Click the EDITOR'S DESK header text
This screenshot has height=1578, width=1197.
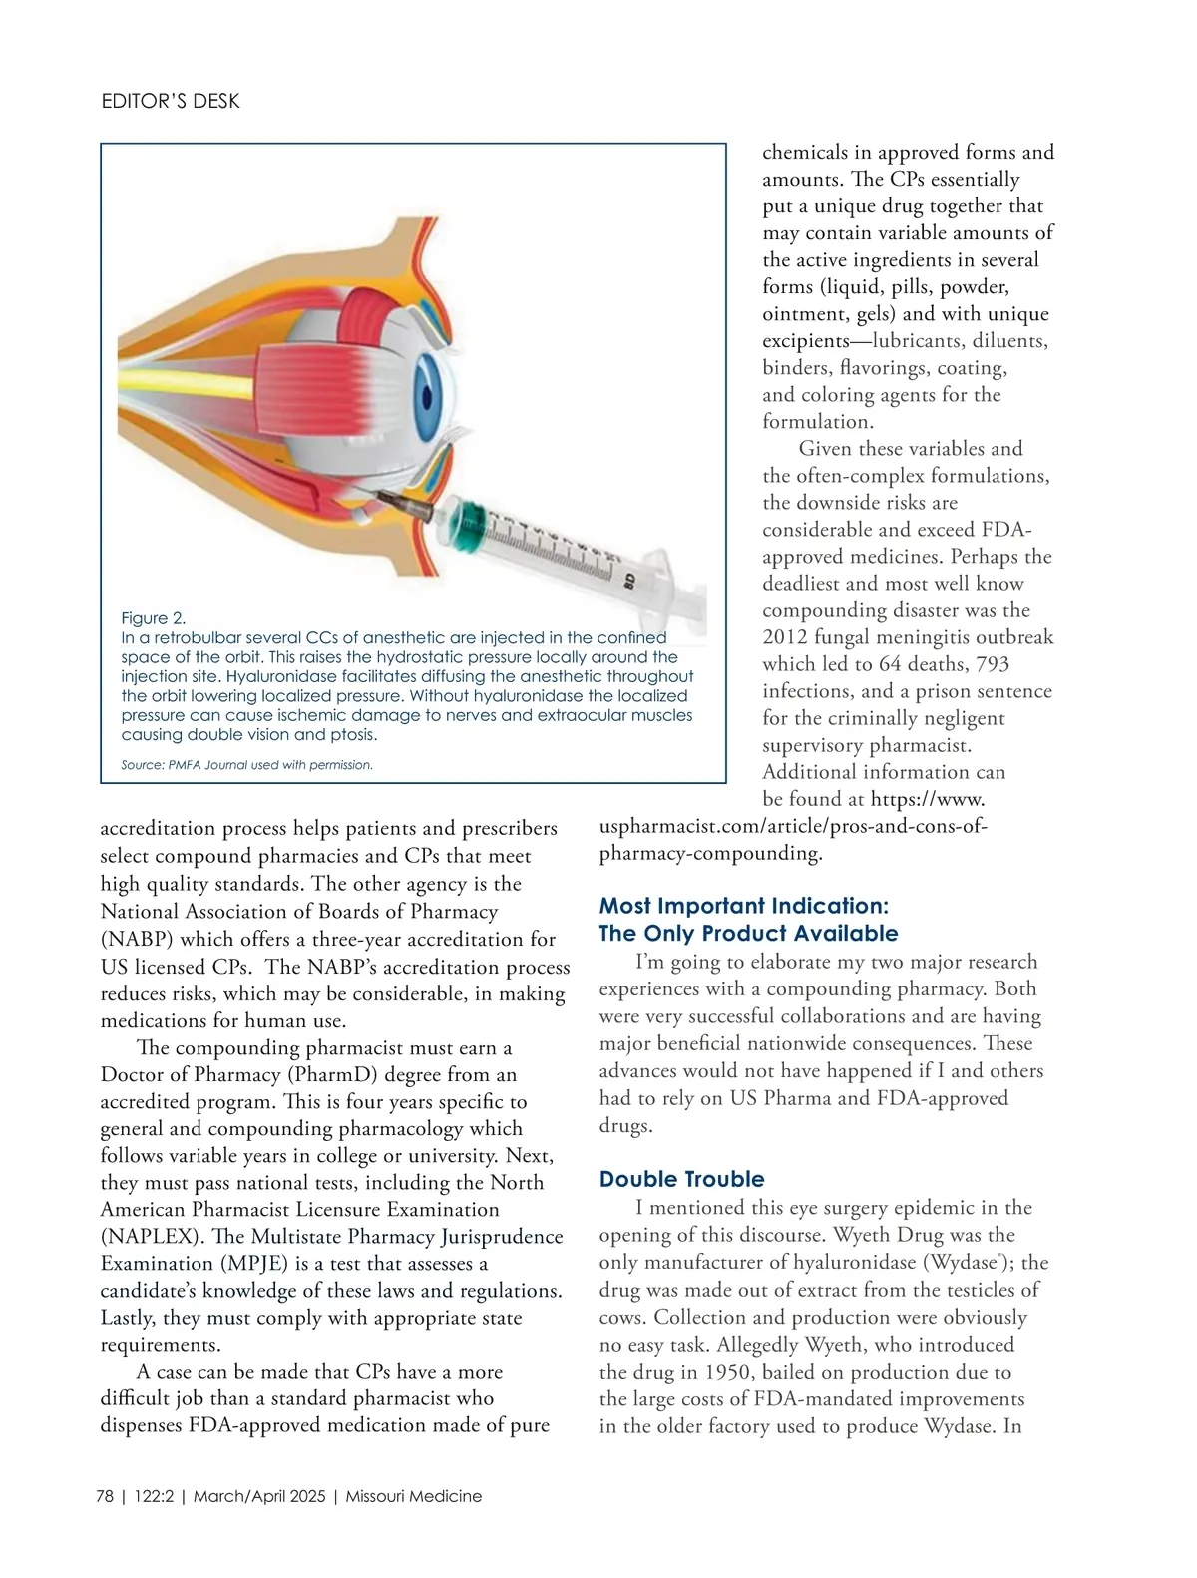(171, 101)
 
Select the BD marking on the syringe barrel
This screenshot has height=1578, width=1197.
(629, 580)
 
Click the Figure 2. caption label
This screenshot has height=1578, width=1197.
(154, 618)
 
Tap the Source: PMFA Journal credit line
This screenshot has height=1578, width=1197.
(246, 765)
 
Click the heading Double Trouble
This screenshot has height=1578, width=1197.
(681, 1179)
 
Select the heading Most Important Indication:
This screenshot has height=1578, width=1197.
(743, 906)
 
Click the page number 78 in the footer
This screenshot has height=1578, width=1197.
(105, 1496)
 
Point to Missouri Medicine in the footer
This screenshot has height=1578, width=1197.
(413, 1496)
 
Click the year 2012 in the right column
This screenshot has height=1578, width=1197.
(787, 637)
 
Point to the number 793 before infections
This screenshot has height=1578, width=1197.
(994, 664)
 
